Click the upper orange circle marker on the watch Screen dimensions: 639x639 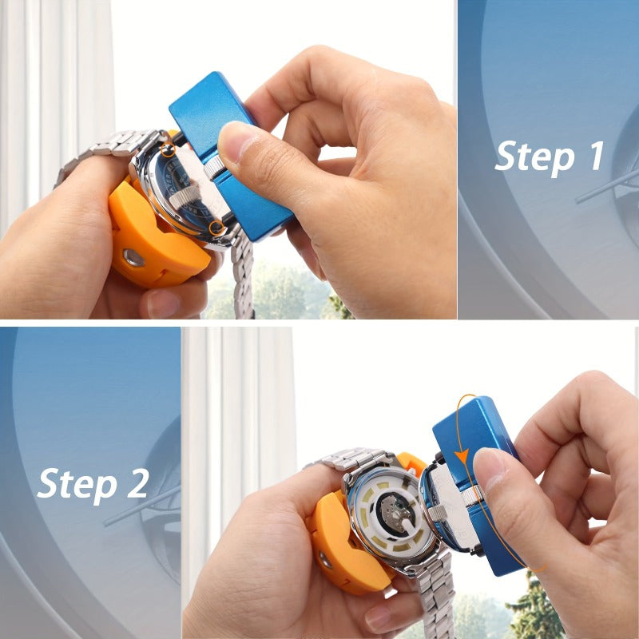(167, 150)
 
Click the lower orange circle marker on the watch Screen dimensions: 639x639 (216, 228)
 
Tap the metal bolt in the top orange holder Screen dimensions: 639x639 (133, 257)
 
